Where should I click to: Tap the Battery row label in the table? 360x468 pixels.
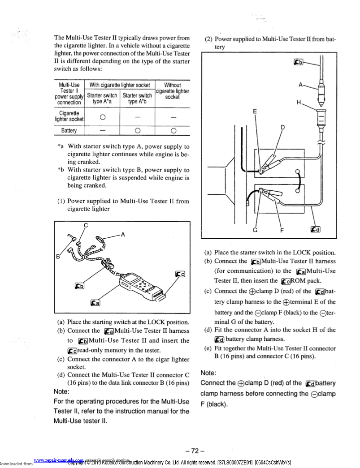tap(69, 131)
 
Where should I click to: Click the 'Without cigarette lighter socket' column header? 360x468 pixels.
tap(173, 91)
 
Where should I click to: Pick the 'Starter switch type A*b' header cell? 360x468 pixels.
tap(138, 99)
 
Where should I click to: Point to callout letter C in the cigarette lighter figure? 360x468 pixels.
tap(86, 225)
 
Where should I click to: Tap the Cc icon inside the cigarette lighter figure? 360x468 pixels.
tap(180, 274)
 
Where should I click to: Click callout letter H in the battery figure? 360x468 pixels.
tap(299, 103)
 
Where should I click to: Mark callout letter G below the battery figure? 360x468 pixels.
tap(255, 230)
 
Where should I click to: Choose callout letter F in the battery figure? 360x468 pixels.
tap(282, 230)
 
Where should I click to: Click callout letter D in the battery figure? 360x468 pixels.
tap(282, 127)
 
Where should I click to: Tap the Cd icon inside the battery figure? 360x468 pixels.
tap(316, 230)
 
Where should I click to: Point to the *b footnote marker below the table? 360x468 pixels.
tap(61, 170)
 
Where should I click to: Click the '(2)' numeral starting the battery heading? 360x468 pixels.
tap(208, 39)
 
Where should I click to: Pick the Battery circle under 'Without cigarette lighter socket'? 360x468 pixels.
tap(173, 131)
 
